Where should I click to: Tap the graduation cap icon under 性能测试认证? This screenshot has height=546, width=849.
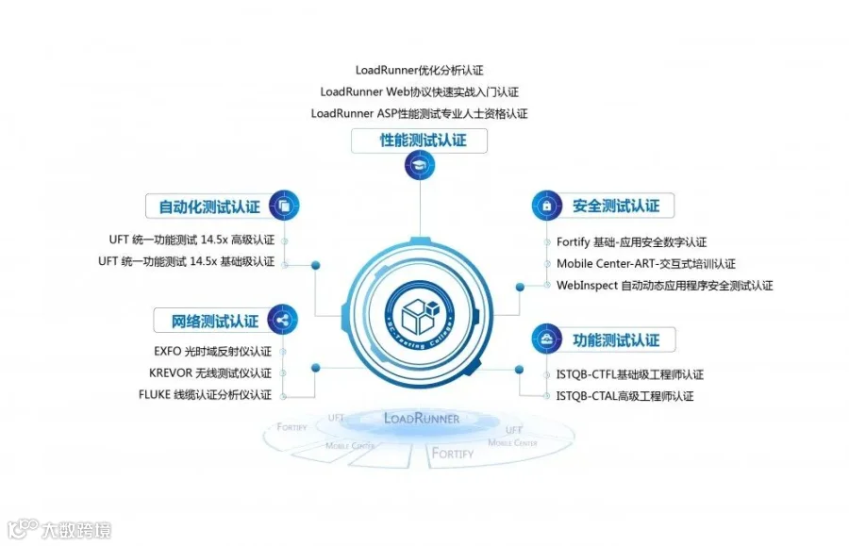pos(421,167)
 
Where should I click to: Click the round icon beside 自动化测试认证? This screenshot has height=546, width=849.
pos(284,205)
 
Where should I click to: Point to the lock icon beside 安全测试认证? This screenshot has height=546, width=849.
pos(546,205)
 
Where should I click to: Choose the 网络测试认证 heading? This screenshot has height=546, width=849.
pos(215,322)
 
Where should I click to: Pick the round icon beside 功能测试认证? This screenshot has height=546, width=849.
pos(546,338)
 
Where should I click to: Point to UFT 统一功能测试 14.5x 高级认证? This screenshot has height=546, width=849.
pos(191,240)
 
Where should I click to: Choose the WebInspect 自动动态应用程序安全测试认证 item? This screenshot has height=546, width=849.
pos(664,285)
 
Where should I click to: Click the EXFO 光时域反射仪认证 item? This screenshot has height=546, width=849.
pos(212,351)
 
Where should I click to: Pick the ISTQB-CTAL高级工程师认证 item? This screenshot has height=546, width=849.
pos(624,396)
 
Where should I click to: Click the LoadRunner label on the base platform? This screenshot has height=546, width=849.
pos(422,418)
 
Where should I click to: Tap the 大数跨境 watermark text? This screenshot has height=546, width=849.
pos(75,530)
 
